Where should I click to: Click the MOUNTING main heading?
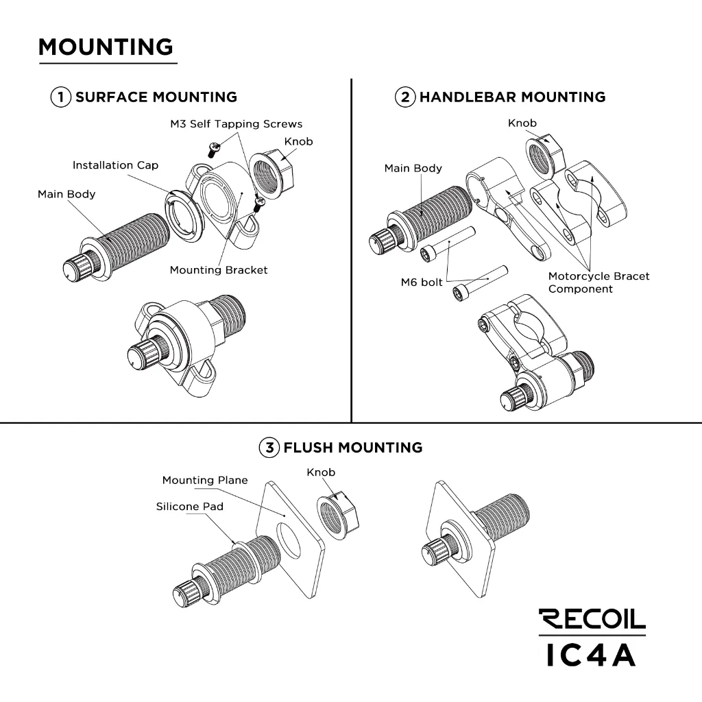pyautogui.click(x=106, y=47)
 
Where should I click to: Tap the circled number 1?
pyautogui.click(x=60, y=97)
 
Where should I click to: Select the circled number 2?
pyautogui.click(x=405, y=97)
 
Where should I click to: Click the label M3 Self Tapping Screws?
pyautogui.click(x=236, y=124)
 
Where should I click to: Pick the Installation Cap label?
pyautogui.click(x=115, y=165)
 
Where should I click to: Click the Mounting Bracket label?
pyautogui.click(x=219, y=270)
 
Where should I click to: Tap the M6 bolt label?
pyautogui.click(x=422, y=282)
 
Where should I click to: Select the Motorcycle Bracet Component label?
pyautogui.click(x=598, y=282)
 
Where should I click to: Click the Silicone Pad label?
pyautogui.click(x=189, y=507)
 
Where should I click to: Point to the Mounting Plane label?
pyautogui.click(x=205, y=481)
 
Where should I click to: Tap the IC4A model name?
pyautogui.click(x=592, y=654)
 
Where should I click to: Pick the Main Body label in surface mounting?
pyautogui.click(x=66, y=195)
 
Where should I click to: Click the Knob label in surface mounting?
pyautogui.click(x=298, y=142)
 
